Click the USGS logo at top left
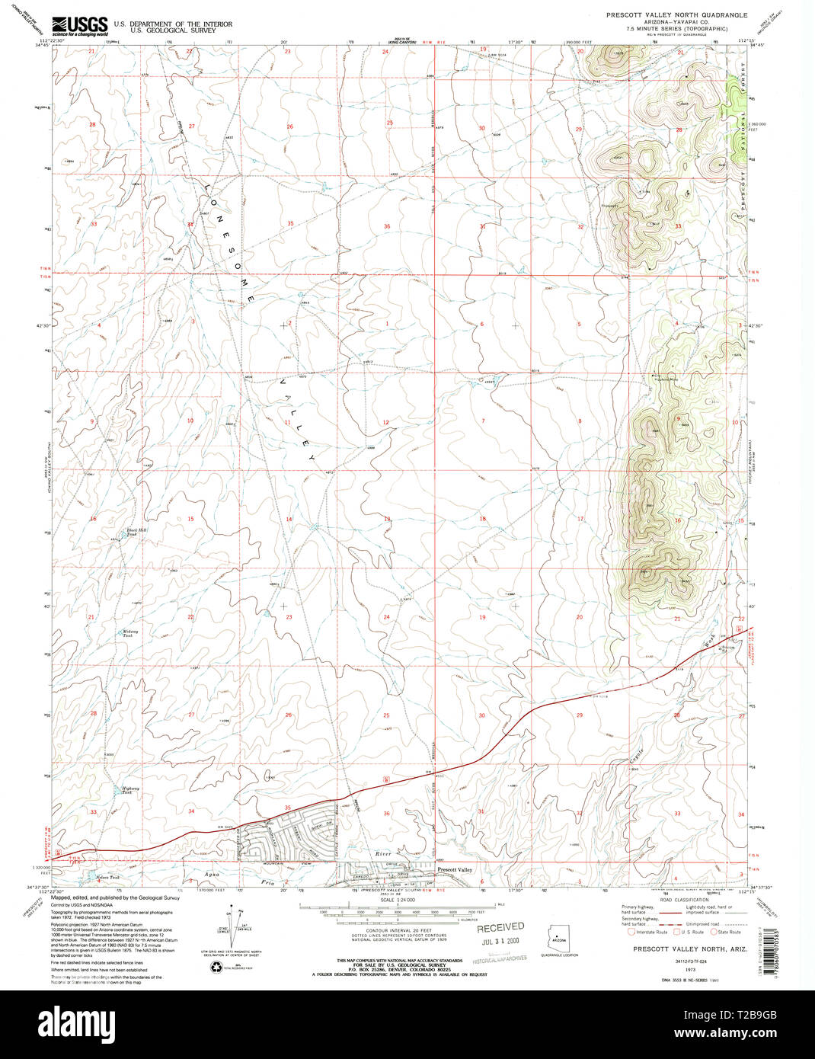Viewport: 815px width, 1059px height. click(79, 27)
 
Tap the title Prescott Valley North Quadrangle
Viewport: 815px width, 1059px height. click(676, 14)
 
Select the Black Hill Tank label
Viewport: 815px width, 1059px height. click(136, 532)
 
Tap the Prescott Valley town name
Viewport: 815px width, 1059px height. click(455, 869)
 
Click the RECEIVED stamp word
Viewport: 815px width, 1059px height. click(500, 927)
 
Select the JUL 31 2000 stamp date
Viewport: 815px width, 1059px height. click(501, 942)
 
